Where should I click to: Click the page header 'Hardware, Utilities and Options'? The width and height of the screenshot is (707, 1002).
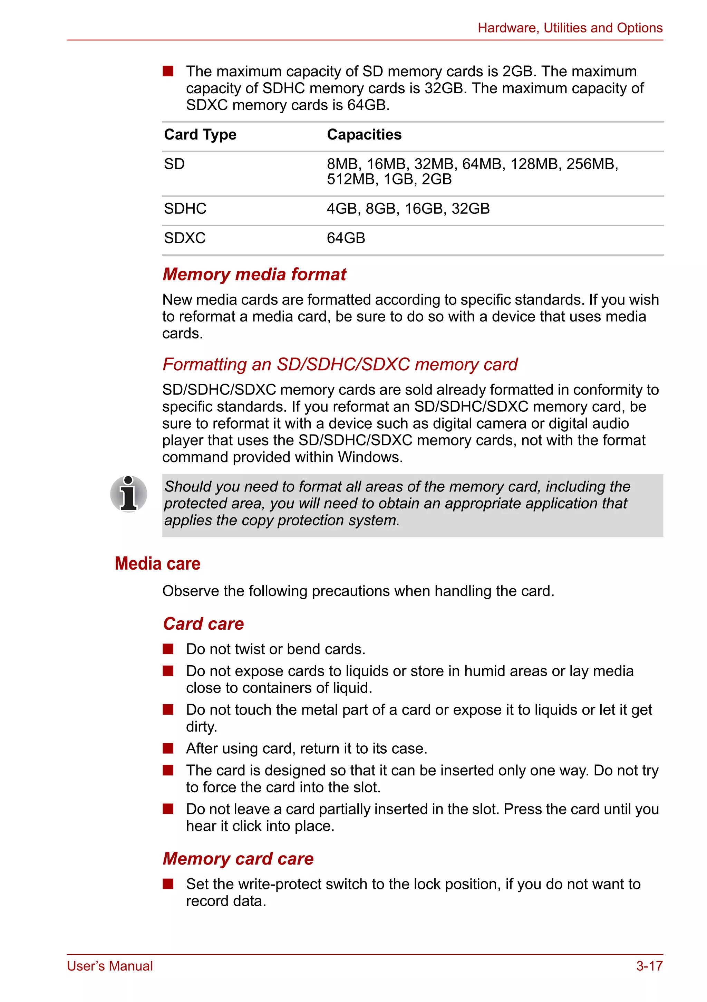[570, 28]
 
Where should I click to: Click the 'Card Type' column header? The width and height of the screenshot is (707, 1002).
[200, 134]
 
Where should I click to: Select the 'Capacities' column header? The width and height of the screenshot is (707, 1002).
[364, 134]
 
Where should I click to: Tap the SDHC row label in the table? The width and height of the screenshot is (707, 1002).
[185, 209]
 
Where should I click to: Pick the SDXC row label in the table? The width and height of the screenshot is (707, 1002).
[184, 238]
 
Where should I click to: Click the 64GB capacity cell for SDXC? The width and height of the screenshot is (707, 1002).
[346, 238]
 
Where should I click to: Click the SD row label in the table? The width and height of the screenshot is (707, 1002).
[174, 164]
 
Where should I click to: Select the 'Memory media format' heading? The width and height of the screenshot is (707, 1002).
[254, 275]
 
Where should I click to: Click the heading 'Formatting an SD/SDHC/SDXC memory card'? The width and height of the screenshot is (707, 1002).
[340, 364]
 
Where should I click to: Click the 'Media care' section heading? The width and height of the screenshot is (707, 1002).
[157, 563]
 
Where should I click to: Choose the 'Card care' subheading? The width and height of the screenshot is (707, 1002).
[203, 624]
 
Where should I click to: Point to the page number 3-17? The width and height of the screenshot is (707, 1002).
[649, 966]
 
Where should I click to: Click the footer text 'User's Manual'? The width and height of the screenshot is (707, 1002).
[109, 966]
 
